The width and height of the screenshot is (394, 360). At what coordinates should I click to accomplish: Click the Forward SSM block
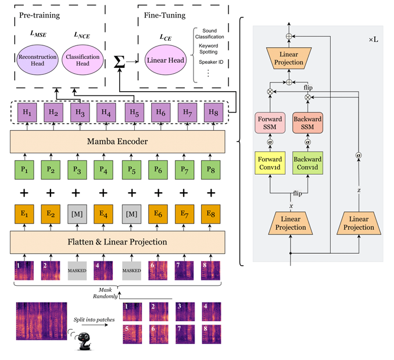(x=270, y=124)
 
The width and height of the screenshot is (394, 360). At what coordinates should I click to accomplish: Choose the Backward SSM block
(x=308, y=124)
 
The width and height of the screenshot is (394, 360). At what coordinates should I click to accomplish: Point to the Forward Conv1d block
(x=270, y=163)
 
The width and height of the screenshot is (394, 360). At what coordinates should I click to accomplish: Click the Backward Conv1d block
(x=308, y=163)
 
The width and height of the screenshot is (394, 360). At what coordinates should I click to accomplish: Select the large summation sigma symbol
(x=120, y=62)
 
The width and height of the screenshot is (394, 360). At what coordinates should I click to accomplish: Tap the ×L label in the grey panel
(x=372, y=39)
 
